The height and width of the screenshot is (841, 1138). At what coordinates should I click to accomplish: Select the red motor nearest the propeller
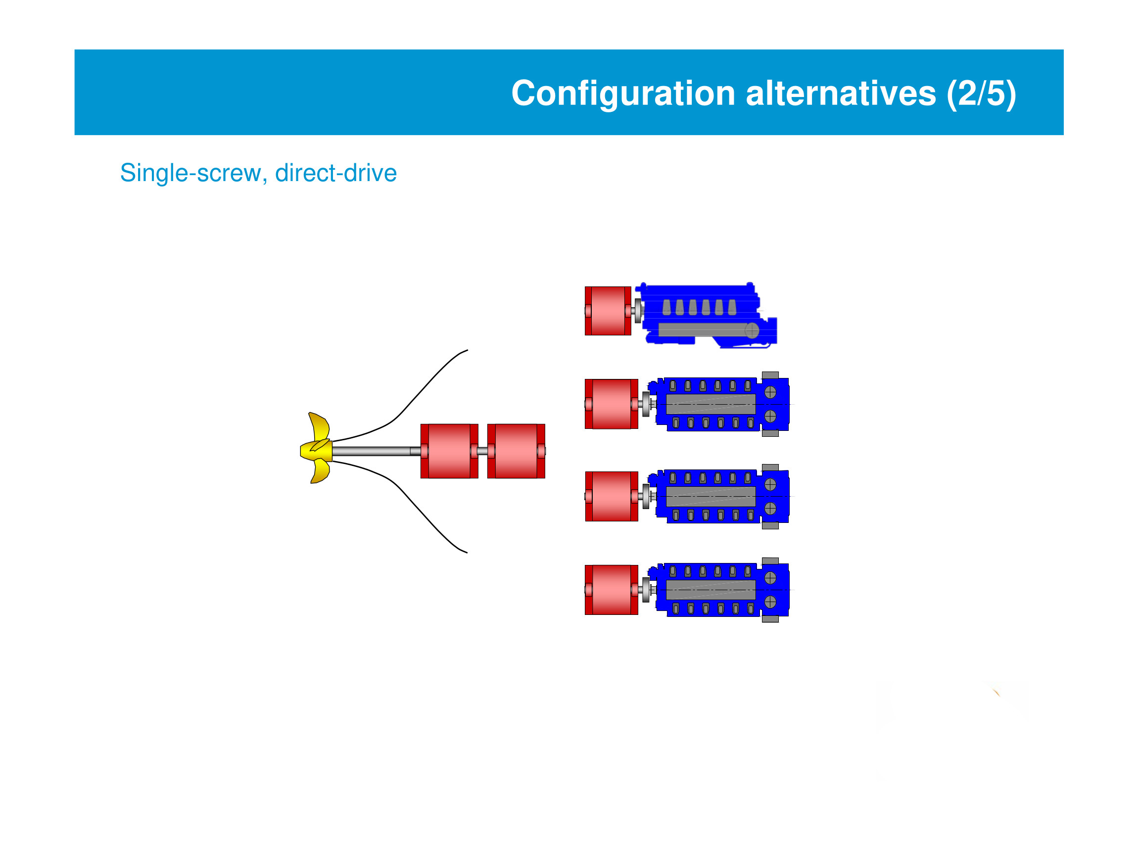click(x=449, y=452)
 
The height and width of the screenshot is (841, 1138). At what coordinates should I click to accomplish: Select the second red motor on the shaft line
click(x=516, y=452)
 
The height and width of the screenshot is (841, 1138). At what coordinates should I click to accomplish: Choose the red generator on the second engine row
click(x=611, y=404)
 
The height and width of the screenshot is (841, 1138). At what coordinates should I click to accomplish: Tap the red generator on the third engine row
click(x=611, y=496)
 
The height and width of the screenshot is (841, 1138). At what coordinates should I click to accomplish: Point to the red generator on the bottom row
click(x=611, y=590)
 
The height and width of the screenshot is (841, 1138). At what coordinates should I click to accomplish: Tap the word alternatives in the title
click(x=840, y=93)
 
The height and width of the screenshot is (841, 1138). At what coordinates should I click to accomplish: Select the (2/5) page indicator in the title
click(x=981, y=93)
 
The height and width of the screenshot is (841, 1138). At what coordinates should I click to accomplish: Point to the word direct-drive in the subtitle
click(x=335, y=173)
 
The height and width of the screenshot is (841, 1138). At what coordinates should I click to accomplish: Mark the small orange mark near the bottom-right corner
click(x=996, y=693)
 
